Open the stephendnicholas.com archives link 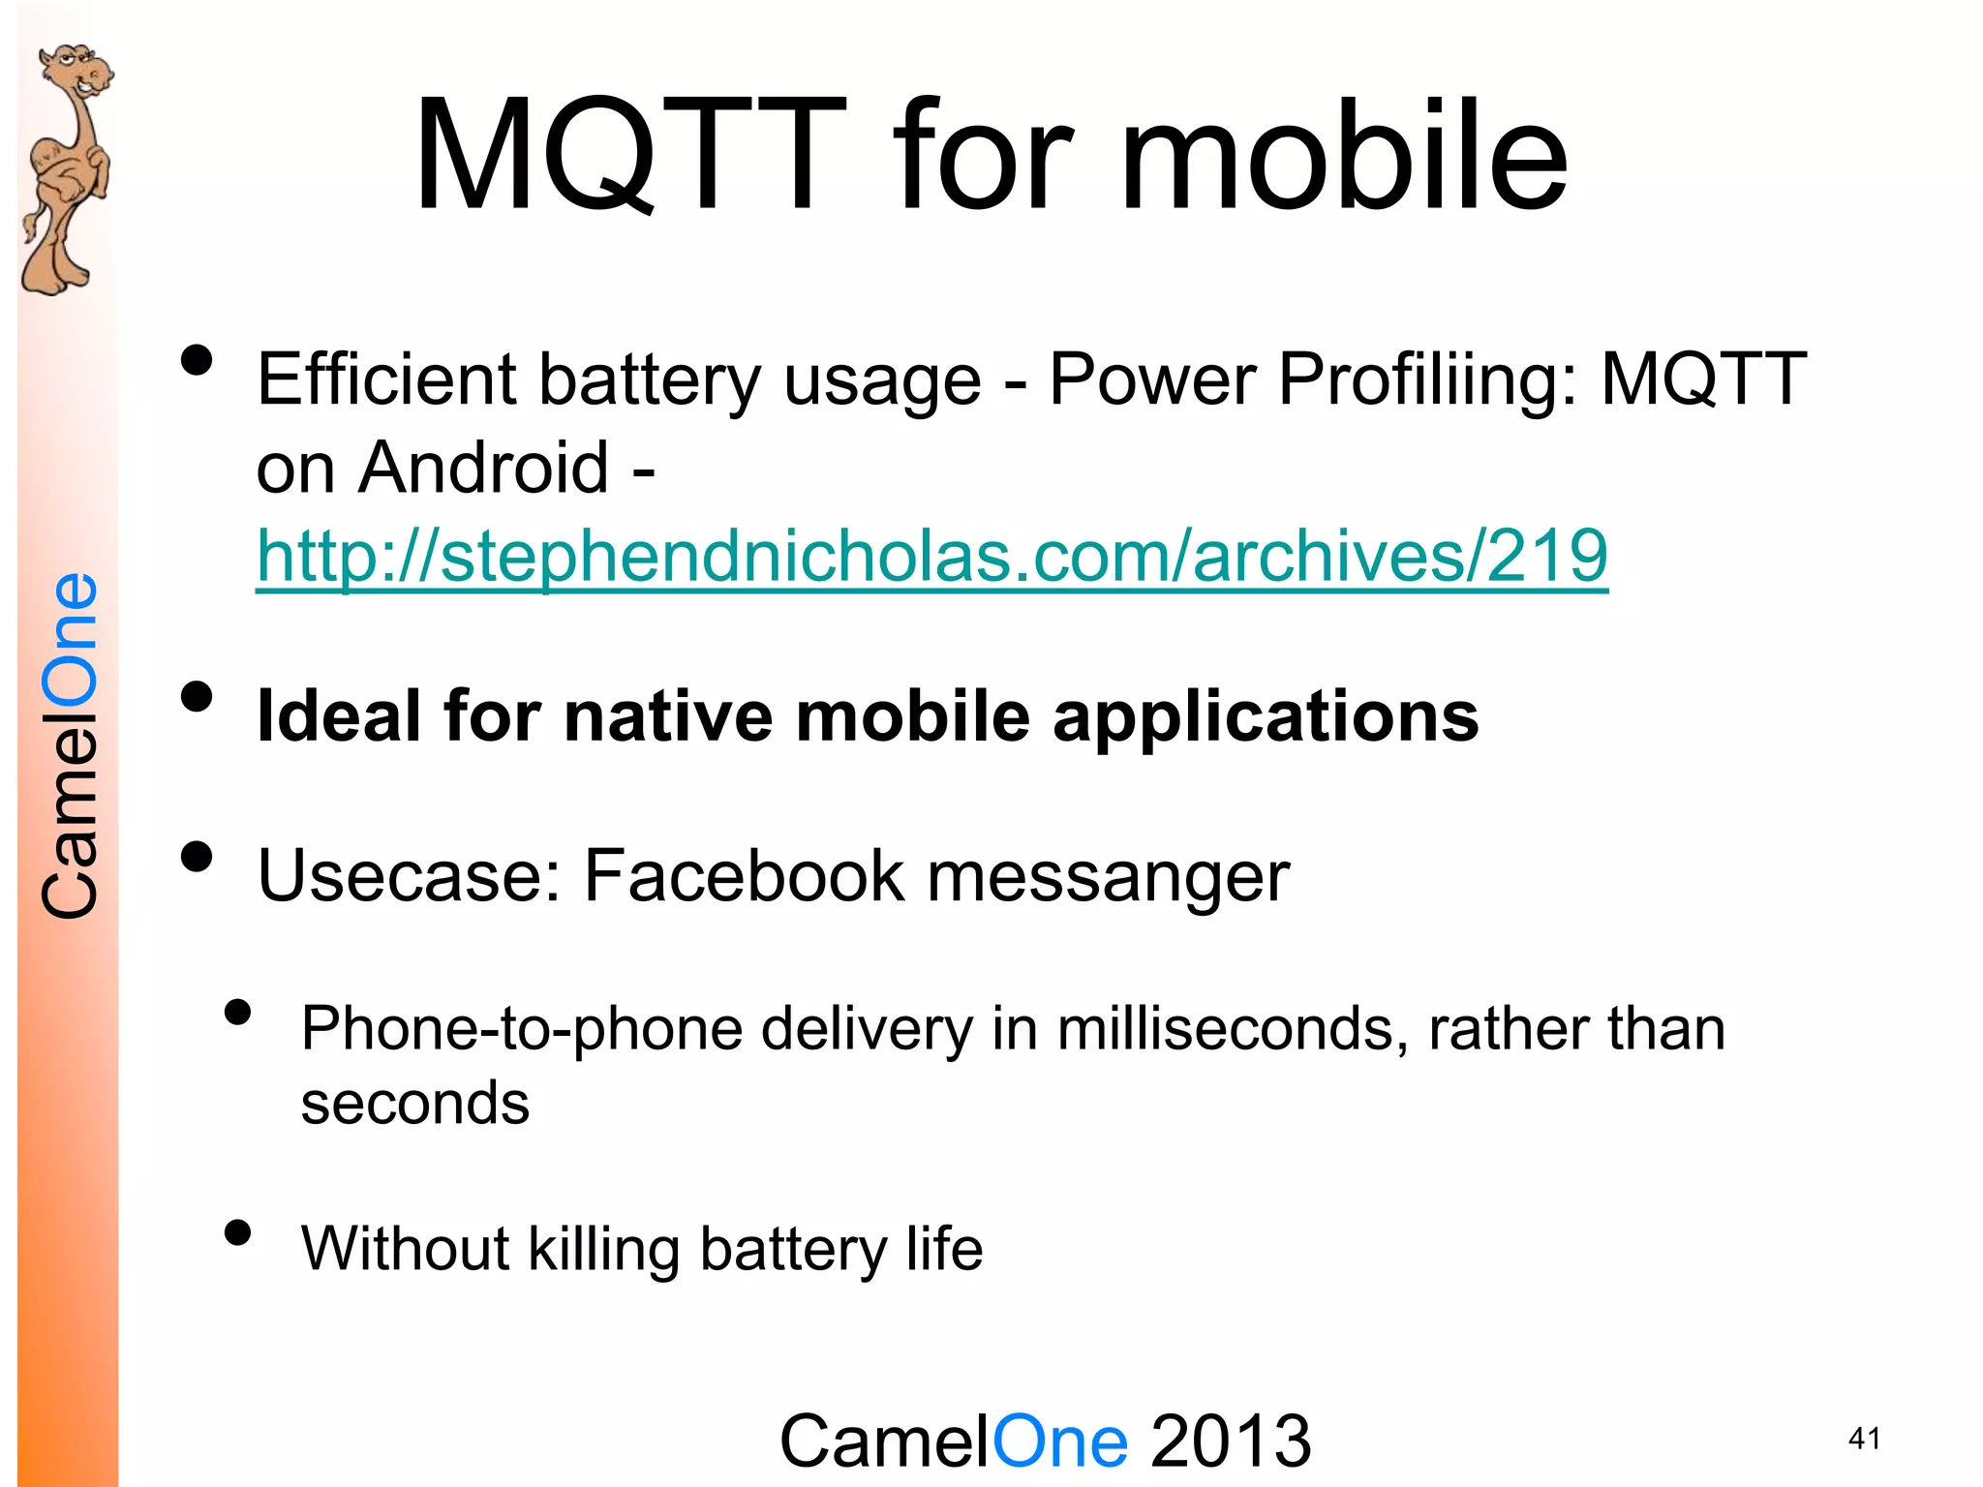[931, 556]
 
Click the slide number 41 [1864, 1439]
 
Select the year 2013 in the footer [1231, 1441]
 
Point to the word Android [483, 468]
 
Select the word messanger [1109, 876]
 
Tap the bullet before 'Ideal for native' [197, 697]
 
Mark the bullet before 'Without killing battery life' [237, 1232]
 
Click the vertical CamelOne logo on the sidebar [70, 745]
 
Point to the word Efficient [386, 379]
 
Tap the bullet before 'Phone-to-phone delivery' [237, 1013]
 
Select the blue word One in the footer [1060, 1441]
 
